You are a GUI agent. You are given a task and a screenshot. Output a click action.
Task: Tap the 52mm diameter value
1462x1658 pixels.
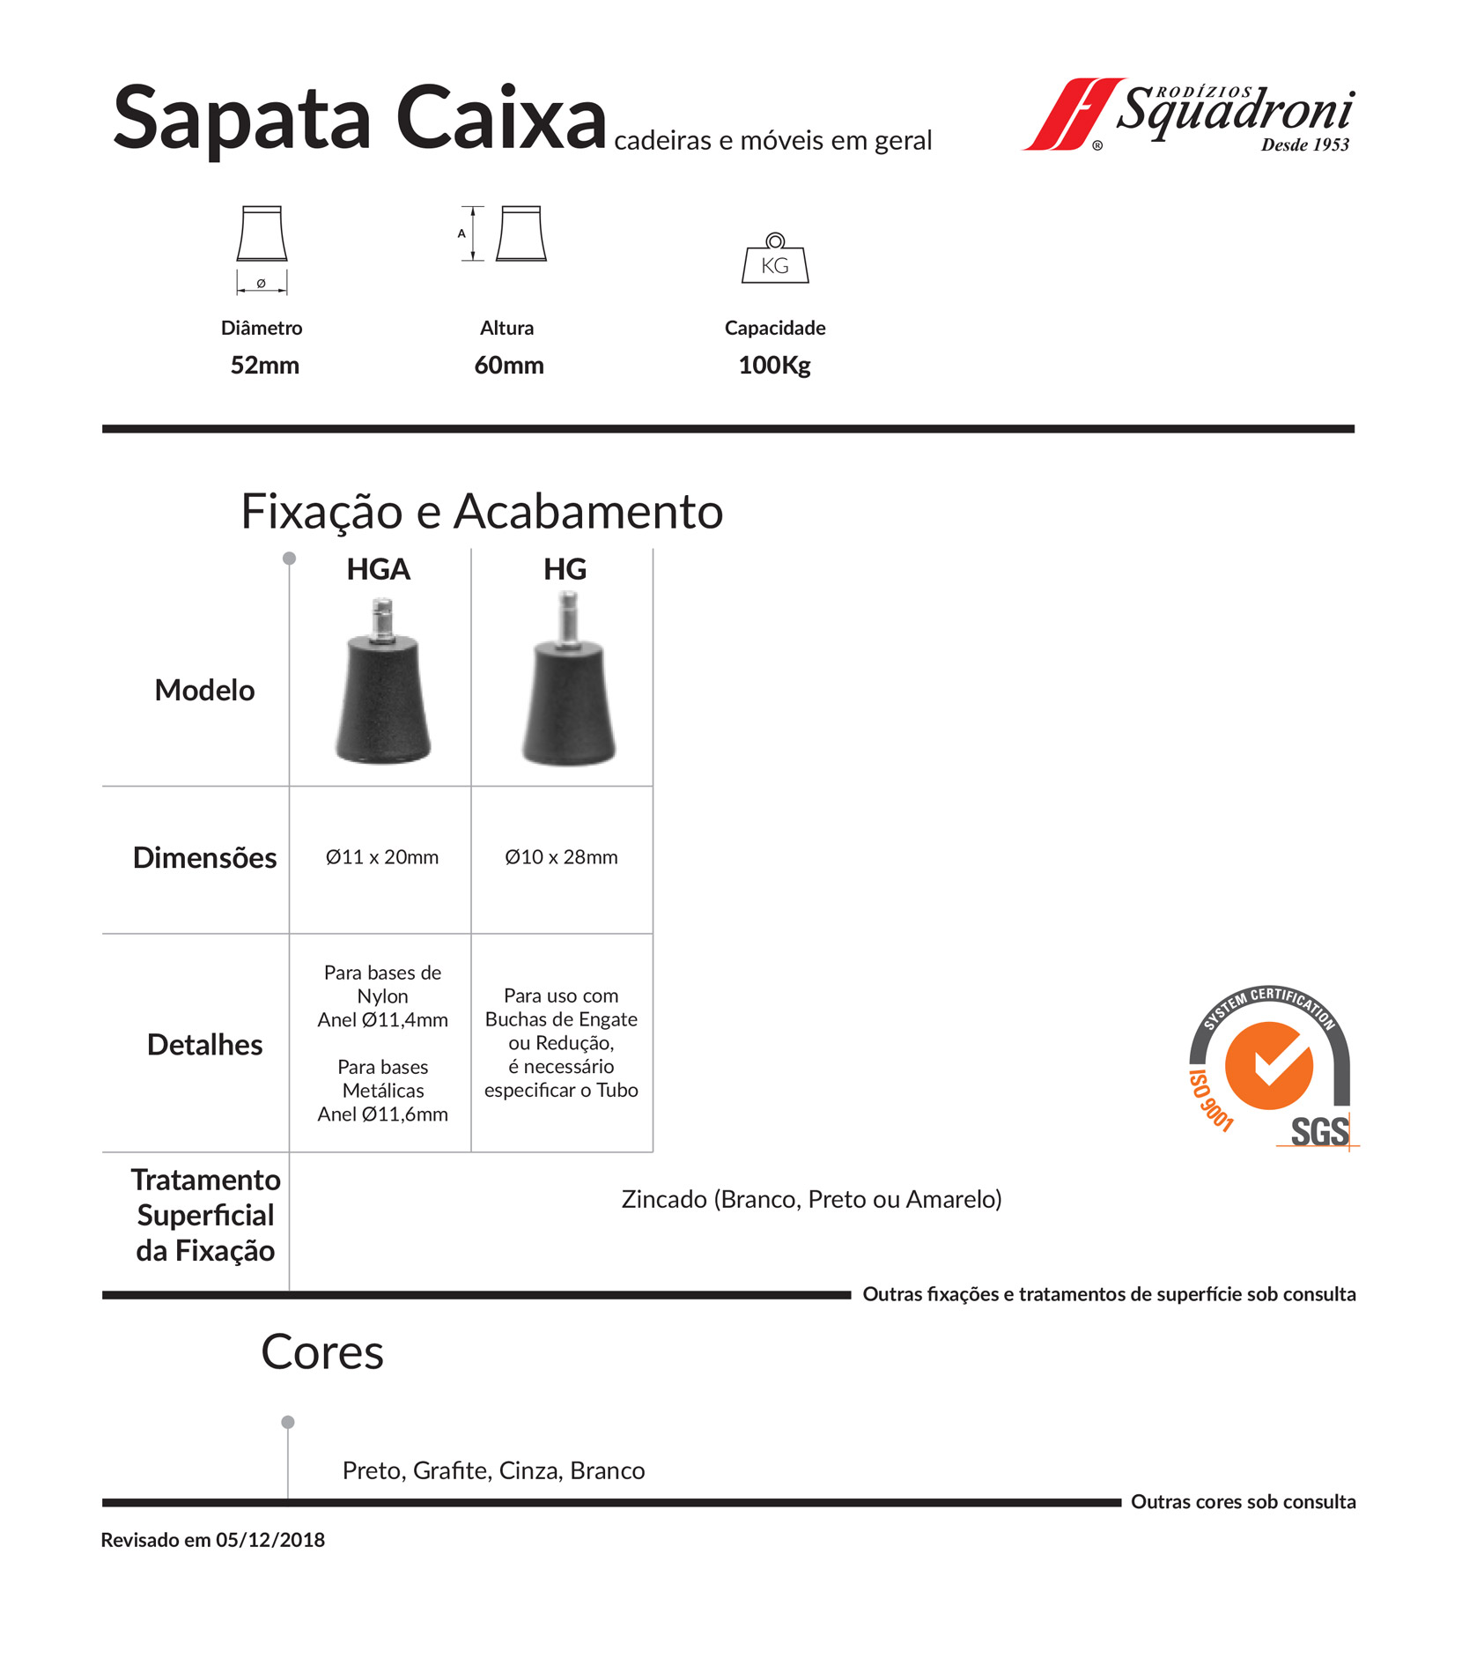(x=264, y=365)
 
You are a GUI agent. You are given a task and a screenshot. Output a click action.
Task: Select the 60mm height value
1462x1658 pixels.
(x=508, y=365)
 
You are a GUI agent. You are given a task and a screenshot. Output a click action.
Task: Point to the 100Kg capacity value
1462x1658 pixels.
(x=774, y=365)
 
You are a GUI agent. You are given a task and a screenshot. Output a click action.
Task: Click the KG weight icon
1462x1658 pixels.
(x=774, y=259)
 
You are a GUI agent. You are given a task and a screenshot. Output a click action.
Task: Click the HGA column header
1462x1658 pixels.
(x=378, y=569)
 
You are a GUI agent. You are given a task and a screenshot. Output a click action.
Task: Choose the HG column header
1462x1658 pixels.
(x=565, y=569)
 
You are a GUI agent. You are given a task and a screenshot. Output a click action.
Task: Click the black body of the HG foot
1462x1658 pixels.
(x=568, y=705)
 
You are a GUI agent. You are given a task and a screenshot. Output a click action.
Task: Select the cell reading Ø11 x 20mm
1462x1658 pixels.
(x=381, y=857)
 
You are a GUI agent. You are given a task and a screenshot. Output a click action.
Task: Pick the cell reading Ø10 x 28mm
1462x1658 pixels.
(x=561, y=857)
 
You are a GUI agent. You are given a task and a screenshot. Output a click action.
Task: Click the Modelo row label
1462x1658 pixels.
(x=204, y=690)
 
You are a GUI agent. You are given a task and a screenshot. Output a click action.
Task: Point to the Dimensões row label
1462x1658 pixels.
(x=204, y=857)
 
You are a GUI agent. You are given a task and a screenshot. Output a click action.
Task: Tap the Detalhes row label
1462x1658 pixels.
(x=204, y=1044)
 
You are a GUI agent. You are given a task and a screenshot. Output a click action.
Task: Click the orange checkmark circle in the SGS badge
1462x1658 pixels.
(x=1269, y=1065)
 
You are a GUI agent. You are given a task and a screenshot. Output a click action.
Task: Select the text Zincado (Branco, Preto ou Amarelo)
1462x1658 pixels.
(x=811, y=1199)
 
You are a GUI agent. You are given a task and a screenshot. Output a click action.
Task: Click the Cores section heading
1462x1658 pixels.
(x=322, y=1352)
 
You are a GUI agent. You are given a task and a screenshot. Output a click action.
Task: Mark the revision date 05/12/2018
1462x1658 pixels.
(x=270, y=1540)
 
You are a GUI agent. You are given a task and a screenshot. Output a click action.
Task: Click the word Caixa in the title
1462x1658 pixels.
(x=501, y=118)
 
